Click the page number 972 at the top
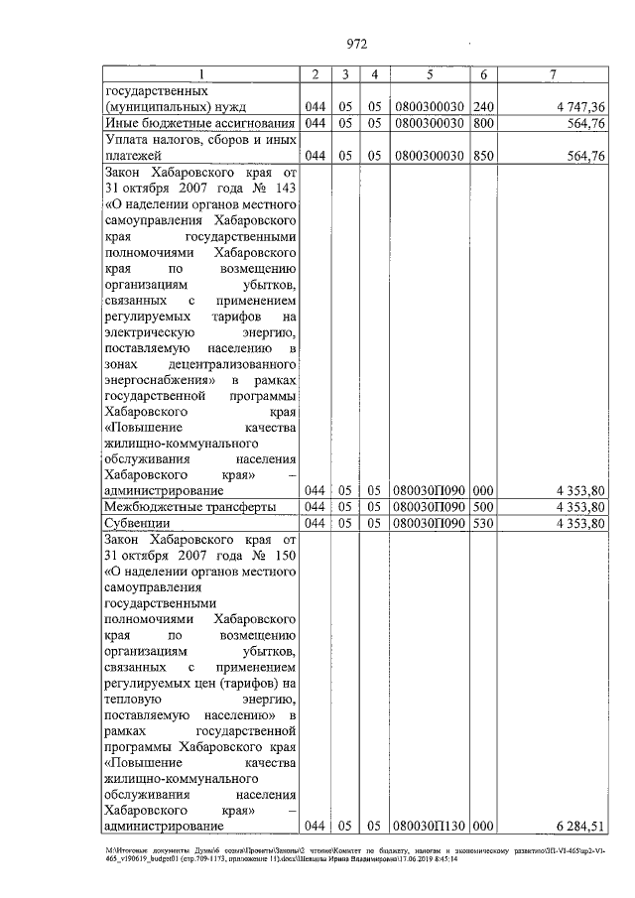point(357,43)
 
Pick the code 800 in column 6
point(483,123)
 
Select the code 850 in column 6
point(483,156)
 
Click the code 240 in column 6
point(483,106)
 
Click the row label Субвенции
point(138,522)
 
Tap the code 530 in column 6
point(483,522)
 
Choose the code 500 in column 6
point(483,506)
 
